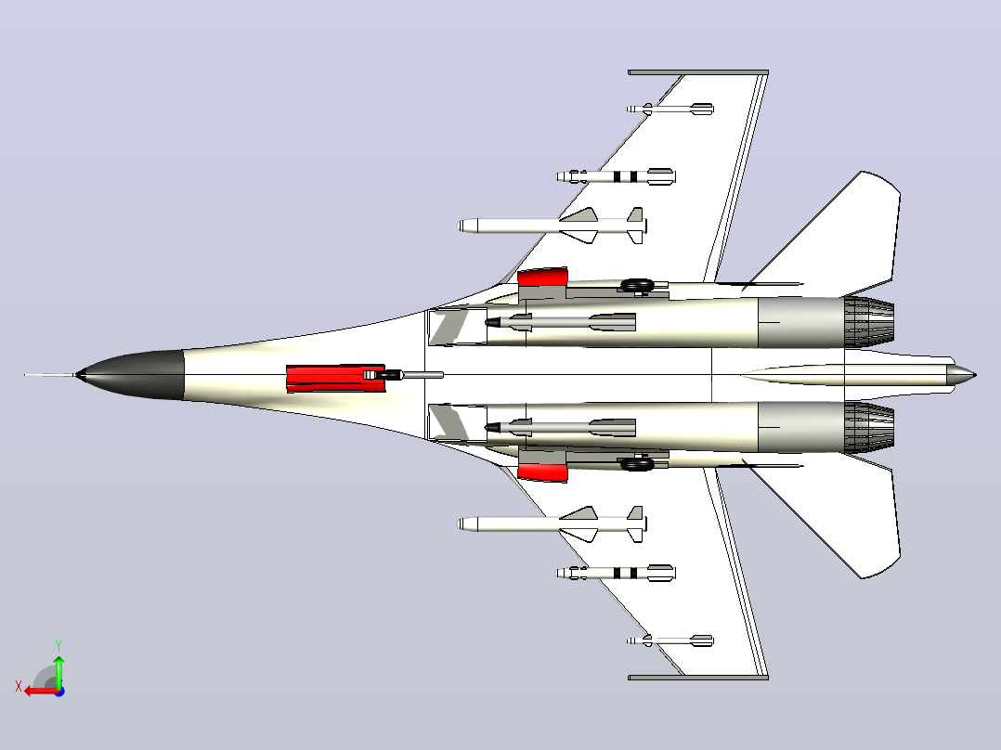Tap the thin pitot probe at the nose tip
[x=50, y=375]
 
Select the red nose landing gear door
[x=336, y=379]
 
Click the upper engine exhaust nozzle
[x=869, y=322]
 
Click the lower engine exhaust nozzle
[x=869, y=428]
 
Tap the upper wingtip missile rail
[x=697, y=72]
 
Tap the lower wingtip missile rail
[x=697, y=678]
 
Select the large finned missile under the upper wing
[x=552, y=226]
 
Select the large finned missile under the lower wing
[x=552, y=524]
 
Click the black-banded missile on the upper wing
[x=616, y=176]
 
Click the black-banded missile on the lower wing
[x=616, y=573]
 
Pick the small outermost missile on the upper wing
[x=669, y=110]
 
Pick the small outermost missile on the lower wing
[x=669, y=640]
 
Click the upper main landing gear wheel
[x=636, y=285]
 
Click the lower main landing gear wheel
[x=636, y=464]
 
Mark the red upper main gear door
[x=542, y=277]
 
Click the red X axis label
[x=19, y=687]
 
